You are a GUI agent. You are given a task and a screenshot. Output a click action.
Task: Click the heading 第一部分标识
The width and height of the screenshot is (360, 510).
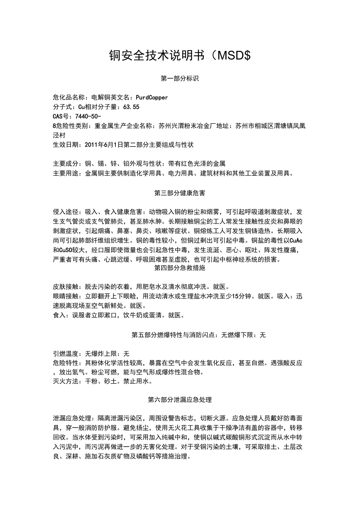pos(180,79)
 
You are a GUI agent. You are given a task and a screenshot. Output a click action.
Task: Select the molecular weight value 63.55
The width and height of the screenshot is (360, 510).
pos(131,107)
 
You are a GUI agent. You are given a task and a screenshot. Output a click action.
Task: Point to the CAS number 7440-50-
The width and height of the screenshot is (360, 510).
pos(87,116)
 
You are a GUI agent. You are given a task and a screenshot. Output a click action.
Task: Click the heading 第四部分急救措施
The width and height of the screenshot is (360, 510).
pos(180,268)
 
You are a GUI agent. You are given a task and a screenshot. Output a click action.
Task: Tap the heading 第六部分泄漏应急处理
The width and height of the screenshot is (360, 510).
pos(180,400)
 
